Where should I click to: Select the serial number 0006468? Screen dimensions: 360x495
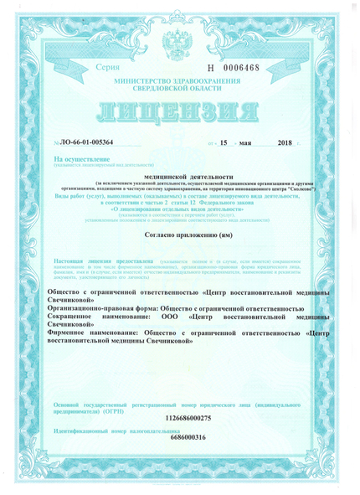[x=244, y=66]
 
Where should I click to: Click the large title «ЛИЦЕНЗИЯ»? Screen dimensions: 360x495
[x=180, y=115]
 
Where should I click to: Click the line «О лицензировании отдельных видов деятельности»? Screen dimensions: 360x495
[x=179, y=210]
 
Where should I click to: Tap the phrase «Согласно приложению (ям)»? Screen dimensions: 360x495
[x=180, y=237]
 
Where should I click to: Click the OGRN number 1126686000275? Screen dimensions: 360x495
[x=179, y=416]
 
